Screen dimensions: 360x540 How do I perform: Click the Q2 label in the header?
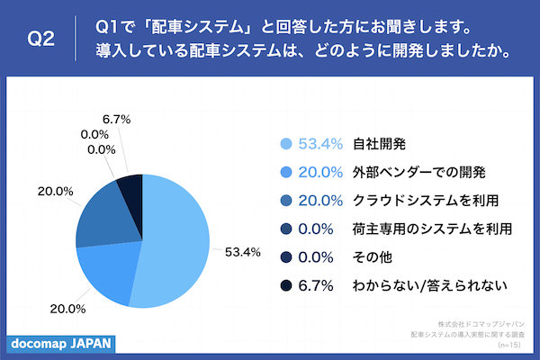tap(41, 40)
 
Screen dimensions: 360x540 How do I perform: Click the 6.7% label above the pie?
tap(118, 118)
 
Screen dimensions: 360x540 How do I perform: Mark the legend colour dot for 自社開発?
tap(286, 143)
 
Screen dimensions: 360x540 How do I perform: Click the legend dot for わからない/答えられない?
tap(286, 286)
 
